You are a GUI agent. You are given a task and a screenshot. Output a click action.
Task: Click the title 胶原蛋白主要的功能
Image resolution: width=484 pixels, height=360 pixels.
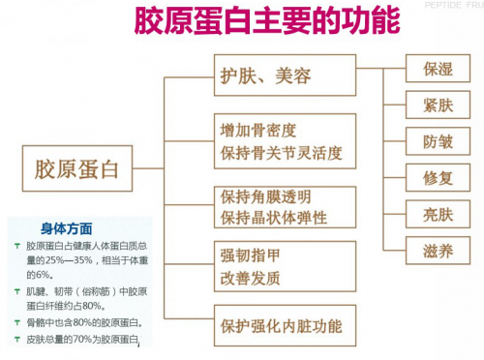click(267, 21)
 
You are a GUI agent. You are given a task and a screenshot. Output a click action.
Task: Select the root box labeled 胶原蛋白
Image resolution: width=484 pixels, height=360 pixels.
click(77, 168)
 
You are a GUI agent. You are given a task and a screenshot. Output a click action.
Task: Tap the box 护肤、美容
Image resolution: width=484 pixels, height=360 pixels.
click(285, 75)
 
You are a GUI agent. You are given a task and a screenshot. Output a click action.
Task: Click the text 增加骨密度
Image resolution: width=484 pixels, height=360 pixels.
click(258, 131)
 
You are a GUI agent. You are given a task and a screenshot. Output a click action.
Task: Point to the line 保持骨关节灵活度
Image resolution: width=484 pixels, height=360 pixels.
click(281, 153)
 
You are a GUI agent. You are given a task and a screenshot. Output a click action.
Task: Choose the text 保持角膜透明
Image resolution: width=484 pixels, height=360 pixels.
click(265, 196)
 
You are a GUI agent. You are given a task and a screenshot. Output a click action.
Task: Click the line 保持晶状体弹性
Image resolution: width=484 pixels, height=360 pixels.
click(274, 218)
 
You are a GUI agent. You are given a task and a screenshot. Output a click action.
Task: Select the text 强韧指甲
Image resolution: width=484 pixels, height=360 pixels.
click(250, 255)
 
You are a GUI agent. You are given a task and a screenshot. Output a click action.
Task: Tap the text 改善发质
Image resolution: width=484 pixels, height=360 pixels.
click(250, 278)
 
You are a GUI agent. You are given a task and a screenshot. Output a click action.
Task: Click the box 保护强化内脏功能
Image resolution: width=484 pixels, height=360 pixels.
click(285, 325)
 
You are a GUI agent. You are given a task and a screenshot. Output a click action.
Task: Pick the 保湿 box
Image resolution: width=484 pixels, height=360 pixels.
click(438, 69)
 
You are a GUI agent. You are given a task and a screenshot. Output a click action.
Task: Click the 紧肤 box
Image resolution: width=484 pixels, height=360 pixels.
click(438, 105)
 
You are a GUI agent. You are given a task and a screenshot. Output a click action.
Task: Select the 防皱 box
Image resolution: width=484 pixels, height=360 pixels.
click(438, 141)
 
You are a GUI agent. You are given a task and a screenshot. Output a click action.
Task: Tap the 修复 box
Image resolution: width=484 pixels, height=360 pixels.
click(438, 178)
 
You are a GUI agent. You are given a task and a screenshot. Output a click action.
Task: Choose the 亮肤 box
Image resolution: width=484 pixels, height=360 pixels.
click(438, 214)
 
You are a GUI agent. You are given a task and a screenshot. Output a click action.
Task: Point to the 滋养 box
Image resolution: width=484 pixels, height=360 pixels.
click(438, 251)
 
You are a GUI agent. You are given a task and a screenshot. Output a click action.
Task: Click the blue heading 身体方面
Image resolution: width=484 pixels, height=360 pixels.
click(67, 228)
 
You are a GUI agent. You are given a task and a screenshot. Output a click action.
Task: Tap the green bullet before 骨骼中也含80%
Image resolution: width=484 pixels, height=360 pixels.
click(17, 322)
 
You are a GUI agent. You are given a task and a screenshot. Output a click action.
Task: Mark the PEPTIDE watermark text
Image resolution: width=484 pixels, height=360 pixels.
click(443, 5)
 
